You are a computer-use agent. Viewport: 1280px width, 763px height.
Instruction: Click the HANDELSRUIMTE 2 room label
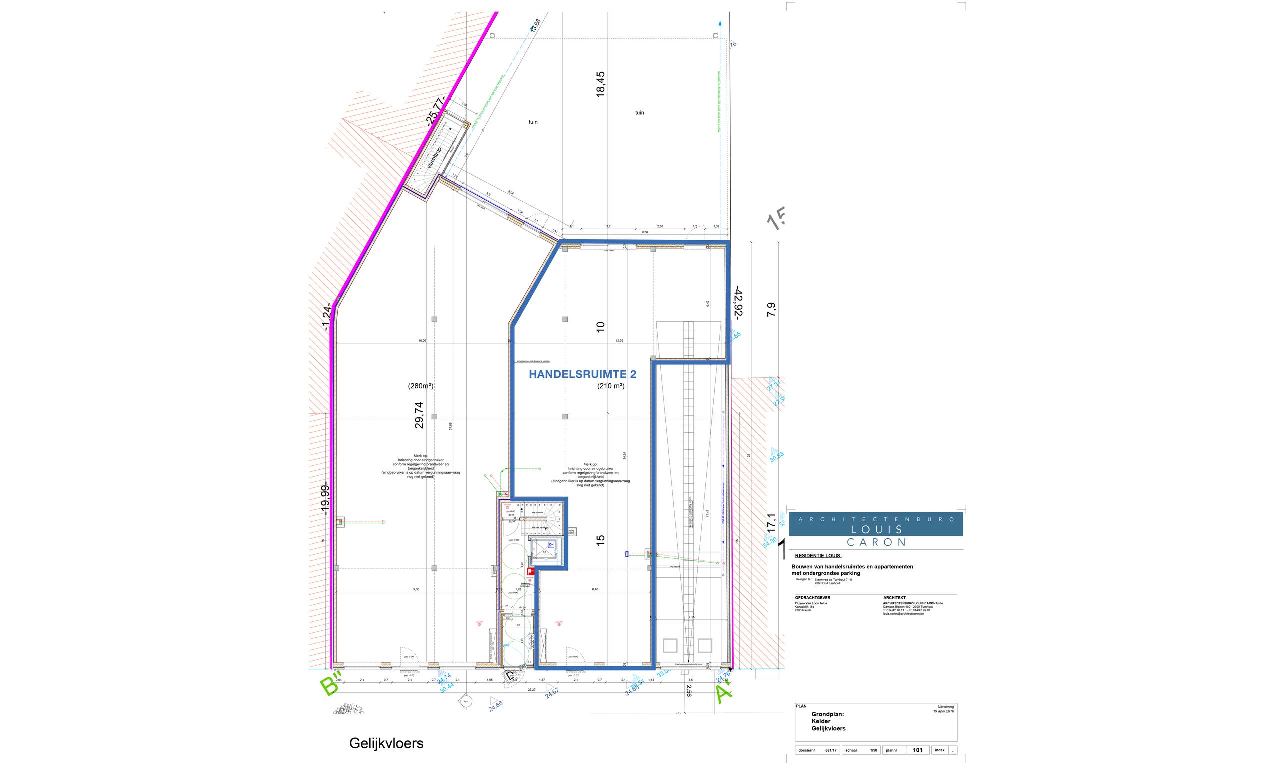[582, 375]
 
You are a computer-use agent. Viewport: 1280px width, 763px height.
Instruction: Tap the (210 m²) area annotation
[610, 386]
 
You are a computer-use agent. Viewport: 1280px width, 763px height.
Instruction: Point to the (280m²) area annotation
[421, 386]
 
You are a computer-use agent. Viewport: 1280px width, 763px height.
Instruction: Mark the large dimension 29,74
[419, 415]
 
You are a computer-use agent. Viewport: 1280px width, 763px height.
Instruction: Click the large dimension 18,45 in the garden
[600, 84]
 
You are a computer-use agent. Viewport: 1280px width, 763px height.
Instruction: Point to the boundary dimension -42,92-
[738, 303]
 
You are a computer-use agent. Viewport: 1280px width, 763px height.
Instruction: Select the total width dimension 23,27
[531, 690]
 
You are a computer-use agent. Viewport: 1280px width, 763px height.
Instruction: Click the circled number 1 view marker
[466, 701]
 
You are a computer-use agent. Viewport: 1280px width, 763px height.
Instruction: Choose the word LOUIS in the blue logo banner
[875, 529]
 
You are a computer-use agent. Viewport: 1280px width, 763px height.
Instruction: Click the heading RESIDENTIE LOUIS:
[818, 556]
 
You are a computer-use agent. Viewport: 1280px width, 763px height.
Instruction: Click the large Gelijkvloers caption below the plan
[386, 743]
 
